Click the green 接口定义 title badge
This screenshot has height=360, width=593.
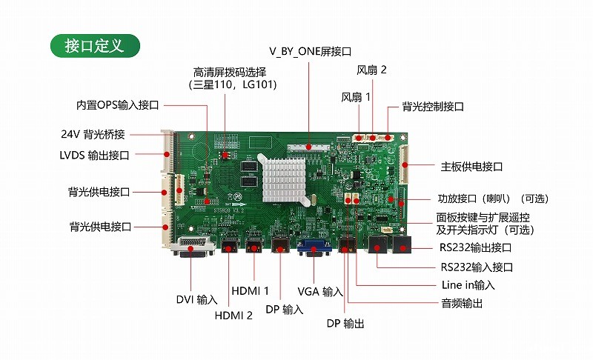pyautogui.click(x=95, y=46)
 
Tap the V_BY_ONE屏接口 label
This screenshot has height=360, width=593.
pyautogui.click(x=310, y=51)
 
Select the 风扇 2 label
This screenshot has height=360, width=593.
pyautogui.click(x=371, y=70)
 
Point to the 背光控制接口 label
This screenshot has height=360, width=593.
pyautogui.click(x=433, y=107)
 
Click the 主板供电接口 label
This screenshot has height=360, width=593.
pyautogui.click(x=471, y=167)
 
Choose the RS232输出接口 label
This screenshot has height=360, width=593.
pyautogui.click(x=475, y=248)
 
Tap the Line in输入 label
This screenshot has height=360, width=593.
pyautogui.click(x=468, y=285)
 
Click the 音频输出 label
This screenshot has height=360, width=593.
pyautogui.click(x=462, y=303)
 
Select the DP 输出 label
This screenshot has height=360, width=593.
pyautogui.click(x=345, y=324)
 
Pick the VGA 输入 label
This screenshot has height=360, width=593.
pyautogui.click(x=320, y=292)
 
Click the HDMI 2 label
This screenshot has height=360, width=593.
pyautogui.click(x=233, y=315)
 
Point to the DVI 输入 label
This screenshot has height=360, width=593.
pyautogui.click(x=196, y=299)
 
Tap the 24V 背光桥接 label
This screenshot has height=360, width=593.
pyautogui.click(x=93, y=134)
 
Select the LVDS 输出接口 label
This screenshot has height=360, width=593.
pyautogui.click(x=94, y=156)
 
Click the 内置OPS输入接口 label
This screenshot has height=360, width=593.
pyautogui.click(x=117, y=105)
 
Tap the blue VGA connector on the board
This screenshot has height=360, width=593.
pyautogui.click(x=314, y=248)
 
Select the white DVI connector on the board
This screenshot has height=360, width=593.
pyautogui.click(x=193, y=248)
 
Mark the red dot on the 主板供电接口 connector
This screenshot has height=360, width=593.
pyautogui.click(x=405, y=165)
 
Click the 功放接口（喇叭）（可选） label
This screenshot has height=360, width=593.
pyautogui.click(x=493, y=199)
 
